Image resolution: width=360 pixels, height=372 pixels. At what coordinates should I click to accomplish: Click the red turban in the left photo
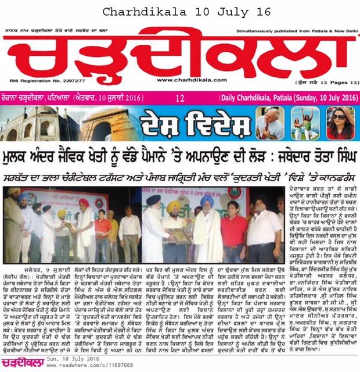click(82, 203)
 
